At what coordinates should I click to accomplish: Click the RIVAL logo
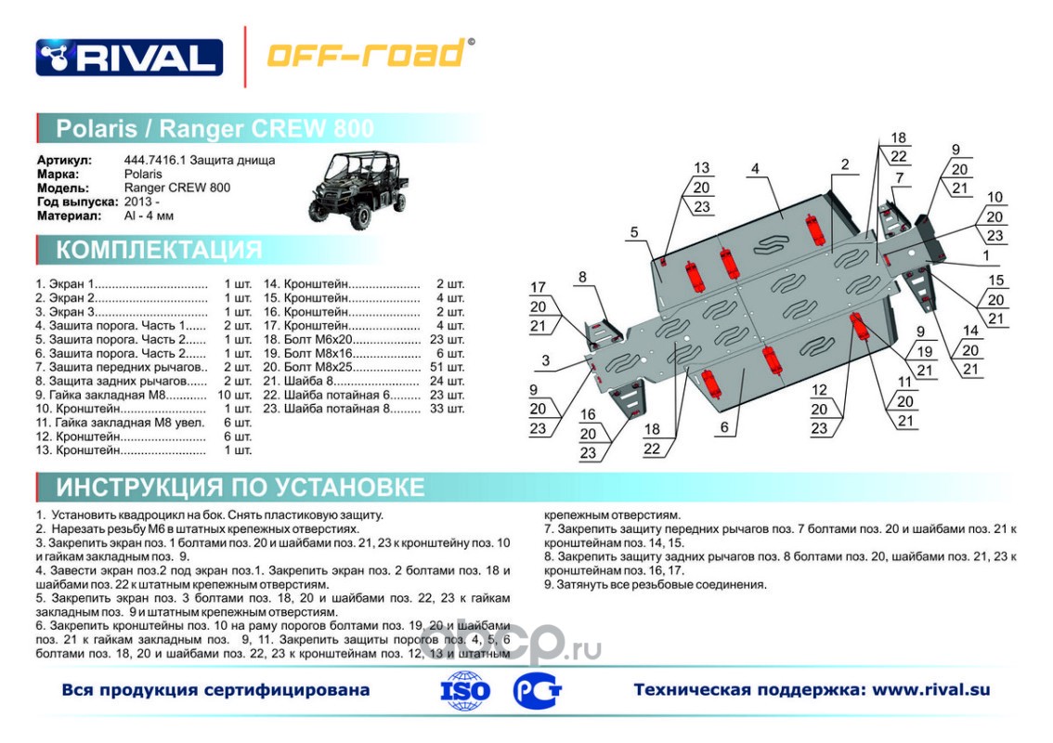(129, 57)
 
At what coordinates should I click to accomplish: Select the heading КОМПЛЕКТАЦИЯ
(159, 250)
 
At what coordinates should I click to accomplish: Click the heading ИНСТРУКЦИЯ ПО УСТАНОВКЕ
(240, 488)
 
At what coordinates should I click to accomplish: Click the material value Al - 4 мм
(149, 215)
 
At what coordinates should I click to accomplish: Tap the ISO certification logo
(466, 690)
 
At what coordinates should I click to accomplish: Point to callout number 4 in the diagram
(756, 168)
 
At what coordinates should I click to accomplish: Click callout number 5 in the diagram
(633, 232)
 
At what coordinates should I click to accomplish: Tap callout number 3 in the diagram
(546, 360)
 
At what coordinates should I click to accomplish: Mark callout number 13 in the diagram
(702, 168)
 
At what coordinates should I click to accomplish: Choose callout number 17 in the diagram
(539, 287)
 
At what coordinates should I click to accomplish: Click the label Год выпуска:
(77, 202)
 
